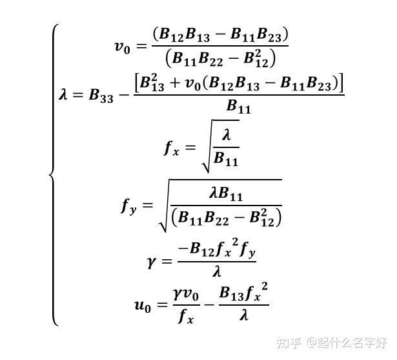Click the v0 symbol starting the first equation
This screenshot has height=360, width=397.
[123, 47]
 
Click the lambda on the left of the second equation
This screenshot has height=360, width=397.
[63, 95]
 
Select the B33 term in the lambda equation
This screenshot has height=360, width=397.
[101, 96]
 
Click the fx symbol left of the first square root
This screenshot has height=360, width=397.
[170, 148]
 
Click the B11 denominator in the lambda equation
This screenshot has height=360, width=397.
[239, 107]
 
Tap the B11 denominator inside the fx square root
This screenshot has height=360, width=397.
[226, 159]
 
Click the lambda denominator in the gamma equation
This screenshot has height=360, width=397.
[216, 273]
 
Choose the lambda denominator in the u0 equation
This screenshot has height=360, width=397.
[243, 317]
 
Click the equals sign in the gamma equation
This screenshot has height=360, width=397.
[167, 261]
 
